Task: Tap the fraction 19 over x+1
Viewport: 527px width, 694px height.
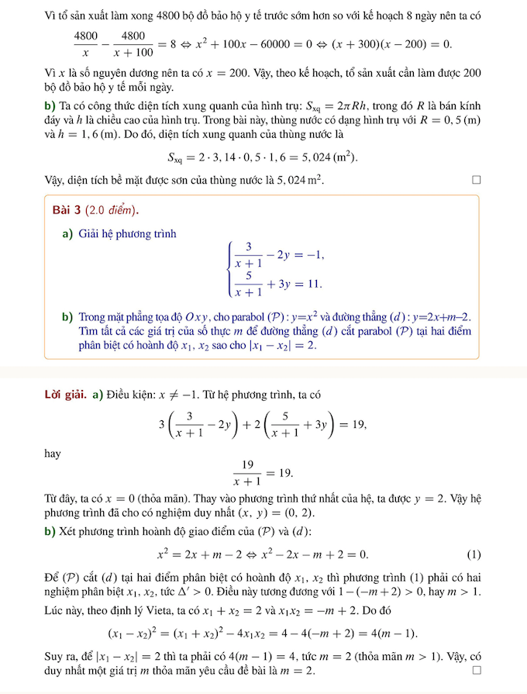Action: [x=248, y=472]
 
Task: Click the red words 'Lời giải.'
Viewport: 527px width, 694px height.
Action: [x=67, y=395]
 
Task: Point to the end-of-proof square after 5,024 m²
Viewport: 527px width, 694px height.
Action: [x=477, y=181]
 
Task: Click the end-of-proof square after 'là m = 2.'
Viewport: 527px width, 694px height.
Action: [x=477, y=669]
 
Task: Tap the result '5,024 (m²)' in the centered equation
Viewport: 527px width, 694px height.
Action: [x=329, y=157]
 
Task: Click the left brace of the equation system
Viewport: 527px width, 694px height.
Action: [x=229, y=269]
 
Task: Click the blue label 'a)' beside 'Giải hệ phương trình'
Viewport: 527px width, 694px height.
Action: [x=67, y=233]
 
